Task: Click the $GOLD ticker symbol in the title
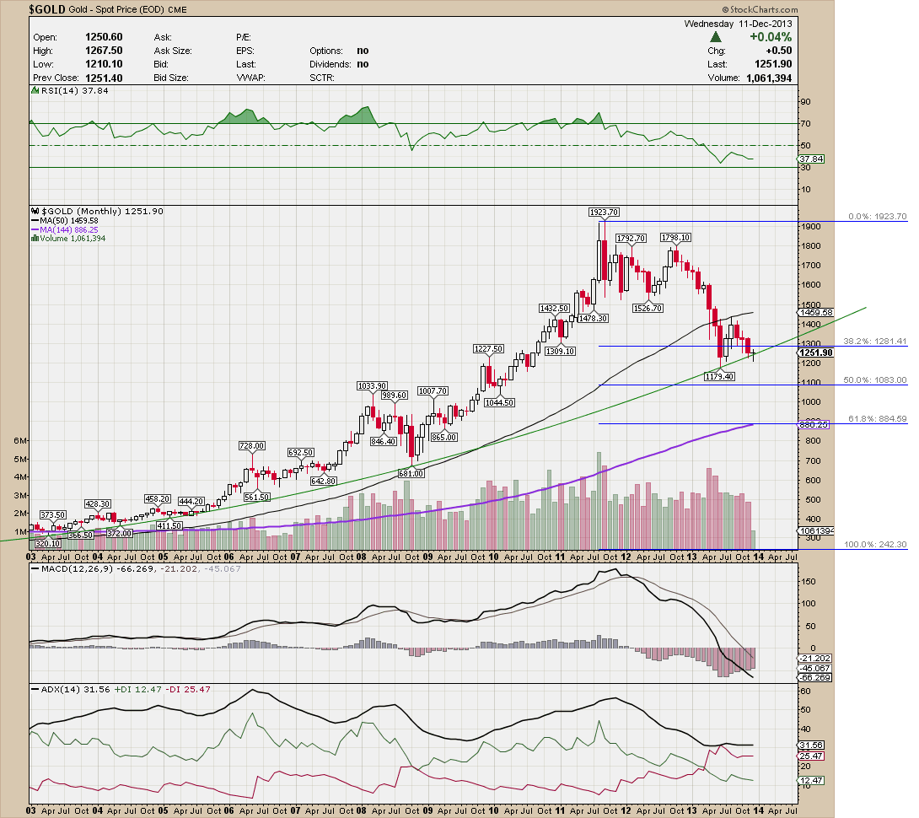point(48,9)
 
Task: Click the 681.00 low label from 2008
point(411,474)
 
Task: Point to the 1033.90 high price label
point(371,385)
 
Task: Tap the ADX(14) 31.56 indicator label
point(62,689)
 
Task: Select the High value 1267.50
point(105,51)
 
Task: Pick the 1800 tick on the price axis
point(811,245)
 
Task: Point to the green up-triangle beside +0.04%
point(716,37)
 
